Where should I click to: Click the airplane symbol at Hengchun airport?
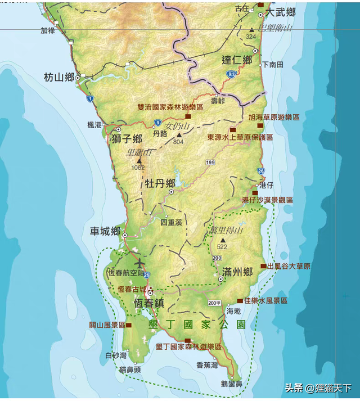pyautogui.click(x=139, y=263)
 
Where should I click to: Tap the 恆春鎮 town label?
pyautogui.click(x=149, y=303)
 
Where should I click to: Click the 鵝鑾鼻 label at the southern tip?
pyautogui.click(x=231, y=385)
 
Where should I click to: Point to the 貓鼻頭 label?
pyautogui.click(x=130, y=370)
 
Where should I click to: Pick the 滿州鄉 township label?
pyautogui.click(x=237, y=273)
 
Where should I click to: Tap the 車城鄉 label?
pyautogui.click(x=105, y=231)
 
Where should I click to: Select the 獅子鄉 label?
pyautogui.click(x=127, y=139)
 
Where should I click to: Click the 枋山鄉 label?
pyautogui.click(x=59, y=78)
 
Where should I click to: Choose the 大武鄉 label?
pyautogui.click(x=281, y=12)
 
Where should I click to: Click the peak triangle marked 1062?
pyautogui.click(x=138, y=160)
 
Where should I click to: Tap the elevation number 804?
pyautogui.click(x=179, y=142)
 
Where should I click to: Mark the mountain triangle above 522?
pyautogui.click(x=223, y=240)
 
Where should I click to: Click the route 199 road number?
pyautogui.click(x=210, y=163)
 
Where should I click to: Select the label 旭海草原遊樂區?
pyautogui.click(x=274, y=118)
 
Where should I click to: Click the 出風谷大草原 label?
pyautogui.click(x=289, y=266)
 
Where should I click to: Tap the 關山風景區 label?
pyautogui.click(x=102, y=325)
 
